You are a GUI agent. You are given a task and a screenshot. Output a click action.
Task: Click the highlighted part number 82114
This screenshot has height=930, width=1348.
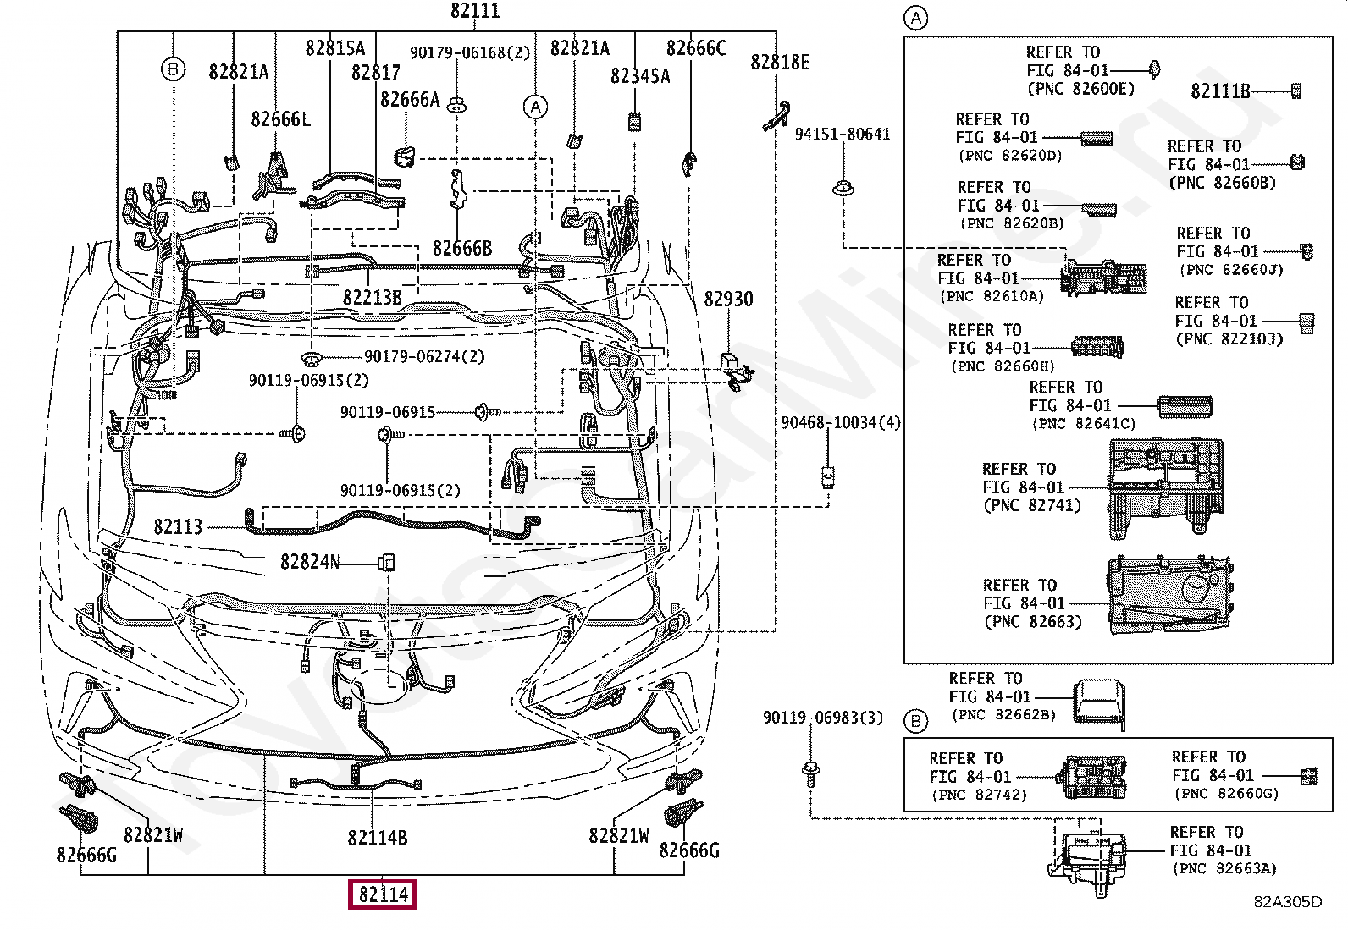tap(383, 894)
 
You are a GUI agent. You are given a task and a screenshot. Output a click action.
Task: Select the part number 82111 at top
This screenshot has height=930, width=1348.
tap(475, 11)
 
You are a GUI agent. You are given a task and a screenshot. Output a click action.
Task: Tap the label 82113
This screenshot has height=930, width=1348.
tap(178, 527)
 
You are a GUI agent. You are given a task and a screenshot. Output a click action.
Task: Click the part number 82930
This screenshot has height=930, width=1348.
tap(728, 299)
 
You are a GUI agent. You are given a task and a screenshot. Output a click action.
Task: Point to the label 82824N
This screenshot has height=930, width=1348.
tap(310, 562)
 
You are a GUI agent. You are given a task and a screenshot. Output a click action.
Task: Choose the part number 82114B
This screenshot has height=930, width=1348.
tap(378, 838)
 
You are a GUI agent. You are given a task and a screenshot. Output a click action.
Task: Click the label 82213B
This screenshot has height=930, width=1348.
tap(373, 298)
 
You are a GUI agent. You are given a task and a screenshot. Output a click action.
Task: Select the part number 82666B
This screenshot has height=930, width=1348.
tap(462, 248)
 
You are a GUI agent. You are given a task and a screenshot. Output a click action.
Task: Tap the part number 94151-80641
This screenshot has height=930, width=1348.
tap(842, 134)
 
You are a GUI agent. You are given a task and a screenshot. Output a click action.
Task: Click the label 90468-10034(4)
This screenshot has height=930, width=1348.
tap(840, 422)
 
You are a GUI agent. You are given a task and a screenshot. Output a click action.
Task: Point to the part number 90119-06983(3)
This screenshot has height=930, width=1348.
tap(822, 718)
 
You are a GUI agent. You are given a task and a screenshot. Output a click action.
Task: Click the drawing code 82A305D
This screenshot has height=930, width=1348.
tap(1287, 902)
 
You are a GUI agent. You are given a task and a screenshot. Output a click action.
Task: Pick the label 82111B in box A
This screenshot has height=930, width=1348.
tap(1220, 91)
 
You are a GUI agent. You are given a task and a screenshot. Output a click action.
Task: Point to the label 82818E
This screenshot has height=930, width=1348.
tap(780, 62)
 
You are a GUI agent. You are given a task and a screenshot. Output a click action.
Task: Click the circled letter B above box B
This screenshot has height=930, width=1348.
tap(916, 721)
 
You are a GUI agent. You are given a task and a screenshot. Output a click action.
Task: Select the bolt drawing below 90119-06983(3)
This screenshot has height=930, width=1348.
tap(810, 772)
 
